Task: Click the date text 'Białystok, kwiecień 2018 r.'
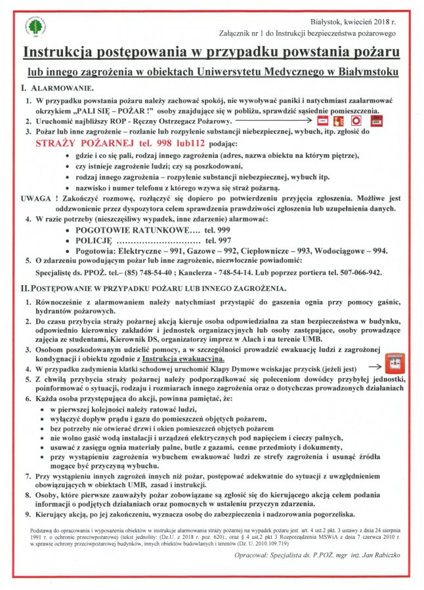click(353, 22)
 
